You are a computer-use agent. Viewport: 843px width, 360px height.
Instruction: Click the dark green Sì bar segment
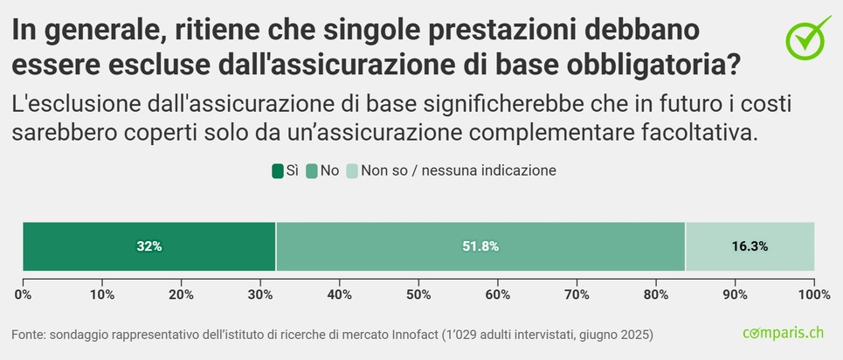[87, 246]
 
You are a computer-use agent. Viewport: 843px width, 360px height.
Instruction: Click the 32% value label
[149, 246]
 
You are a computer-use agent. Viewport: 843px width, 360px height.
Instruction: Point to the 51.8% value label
[480, 246]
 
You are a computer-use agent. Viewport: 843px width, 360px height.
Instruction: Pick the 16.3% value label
[750, 246]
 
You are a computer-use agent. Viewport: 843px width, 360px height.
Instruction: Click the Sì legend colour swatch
[278, 171]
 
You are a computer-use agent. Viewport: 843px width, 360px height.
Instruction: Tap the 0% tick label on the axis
[24, 294]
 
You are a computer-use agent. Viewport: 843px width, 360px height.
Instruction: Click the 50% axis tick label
[418, 294]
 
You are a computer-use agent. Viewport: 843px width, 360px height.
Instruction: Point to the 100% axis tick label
[813, 294]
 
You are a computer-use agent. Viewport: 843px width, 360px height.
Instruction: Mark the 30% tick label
[260, 294]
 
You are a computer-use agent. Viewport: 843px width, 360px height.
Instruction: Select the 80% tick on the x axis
[656, 294]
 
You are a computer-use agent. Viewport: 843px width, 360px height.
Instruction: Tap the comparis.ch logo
[783, 333]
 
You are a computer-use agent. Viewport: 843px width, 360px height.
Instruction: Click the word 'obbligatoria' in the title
[646, 64]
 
